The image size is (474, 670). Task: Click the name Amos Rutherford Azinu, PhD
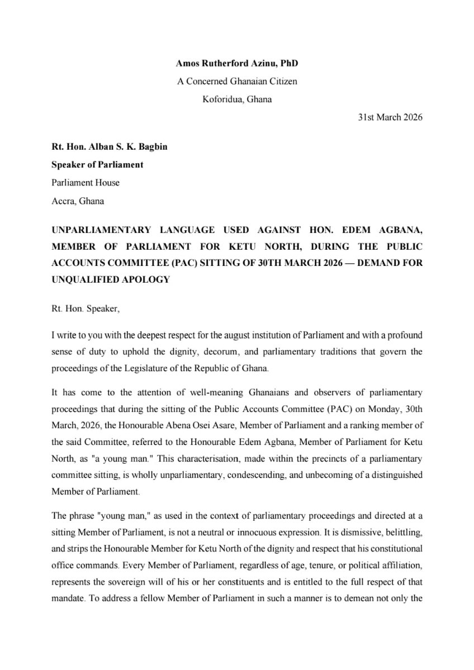[237, 65]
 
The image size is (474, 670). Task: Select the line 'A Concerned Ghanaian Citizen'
[237, 82]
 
